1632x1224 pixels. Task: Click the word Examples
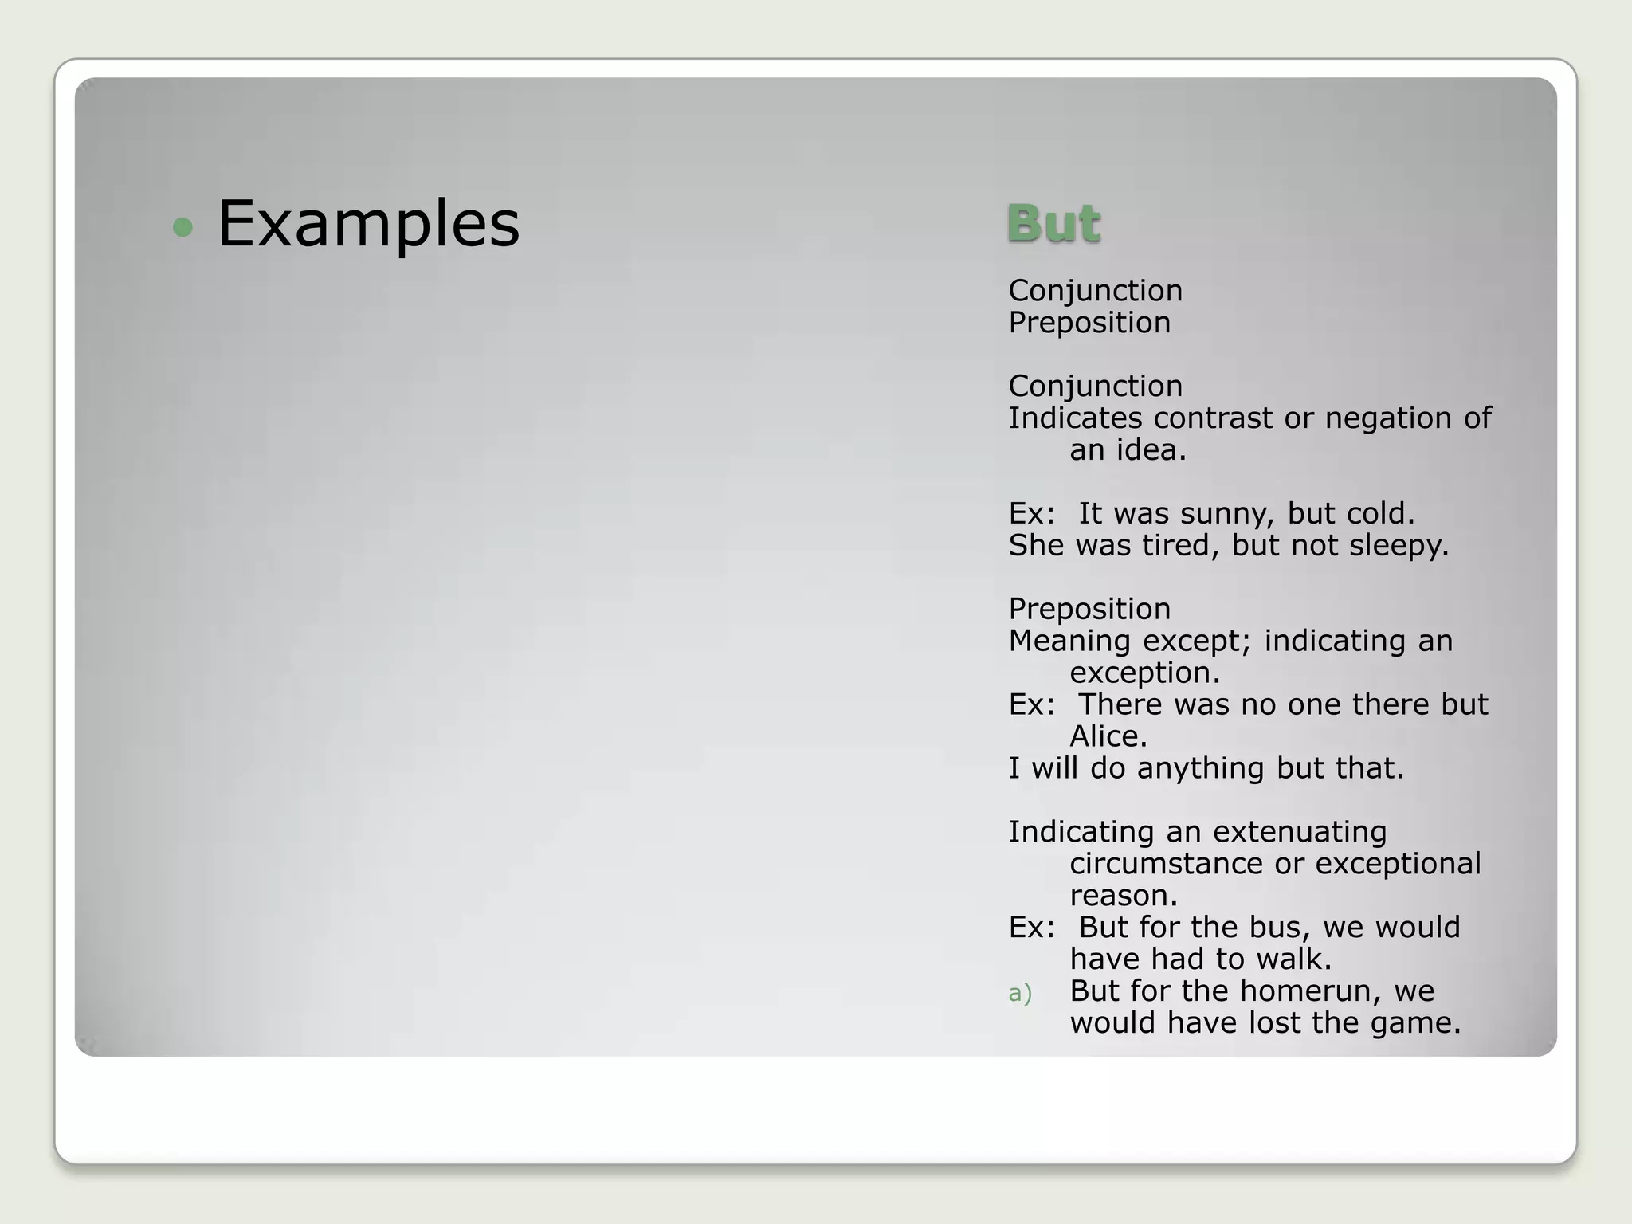[x=368, y=224]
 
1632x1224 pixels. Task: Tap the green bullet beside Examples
[x=182, y=228]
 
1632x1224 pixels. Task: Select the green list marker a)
[x=1020, y=993]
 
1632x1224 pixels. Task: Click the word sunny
[x=1226, y=514]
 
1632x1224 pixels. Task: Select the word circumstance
[x=1175, y=864]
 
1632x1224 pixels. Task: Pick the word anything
[x=1201, y=768]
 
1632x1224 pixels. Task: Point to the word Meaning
[x=1069, y=641]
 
